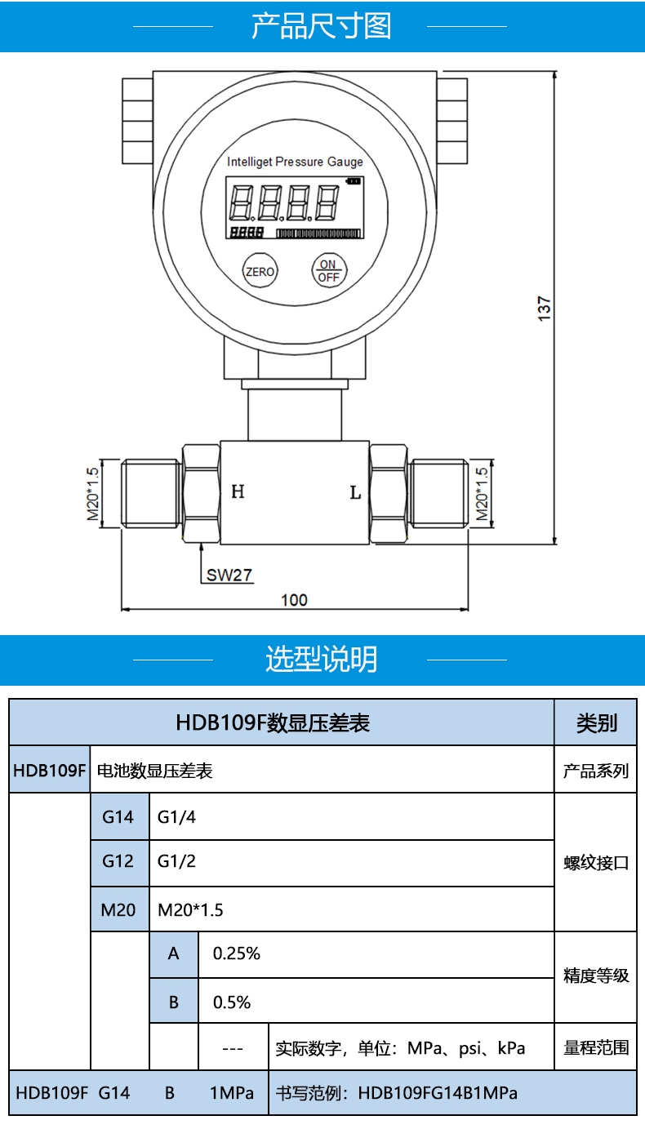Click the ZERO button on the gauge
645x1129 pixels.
[260, 271]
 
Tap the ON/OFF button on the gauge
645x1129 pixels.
[329, 271]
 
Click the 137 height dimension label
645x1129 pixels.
[545, 309]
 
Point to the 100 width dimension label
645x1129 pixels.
[294, 600]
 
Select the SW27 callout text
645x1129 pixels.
[229, 575]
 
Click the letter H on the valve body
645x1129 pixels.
[238, 491]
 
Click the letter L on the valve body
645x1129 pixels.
[356, 492]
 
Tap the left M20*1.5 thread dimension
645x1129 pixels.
[93, 494]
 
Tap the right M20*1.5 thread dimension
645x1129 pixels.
[483, 494]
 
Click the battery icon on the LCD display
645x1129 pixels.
[354, 181]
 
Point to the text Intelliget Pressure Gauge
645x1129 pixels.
[295, 162]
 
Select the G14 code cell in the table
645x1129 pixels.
[119, 816]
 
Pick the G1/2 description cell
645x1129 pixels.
[352, 862]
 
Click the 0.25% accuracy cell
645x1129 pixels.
[376, 954]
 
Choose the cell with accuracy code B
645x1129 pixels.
[174, 1002]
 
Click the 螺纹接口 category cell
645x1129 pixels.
[596, 862]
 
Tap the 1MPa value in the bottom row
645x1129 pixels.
[232, 1093]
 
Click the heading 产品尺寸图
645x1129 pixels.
[322, 26]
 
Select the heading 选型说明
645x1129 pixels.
[322, 659]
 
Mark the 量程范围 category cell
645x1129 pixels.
[596, 1047]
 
